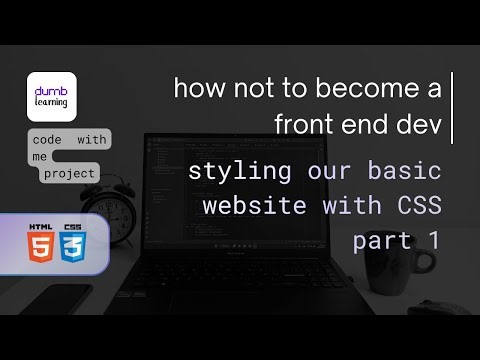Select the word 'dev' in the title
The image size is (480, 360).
(426, 124)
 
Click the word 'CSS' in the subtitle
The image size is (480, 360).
(415, 206)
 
